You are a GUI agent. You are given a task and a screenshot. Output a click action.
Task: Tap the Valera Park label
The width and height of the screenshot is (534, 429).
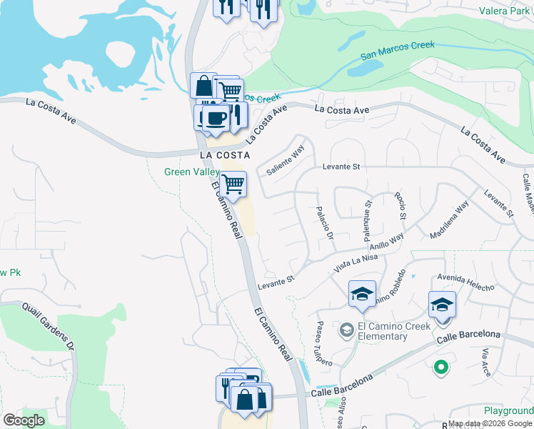coord(503,11)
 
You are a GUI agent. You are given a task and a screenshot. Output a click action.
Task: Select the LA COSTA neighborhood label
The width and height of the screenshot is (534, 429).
coord(225,154)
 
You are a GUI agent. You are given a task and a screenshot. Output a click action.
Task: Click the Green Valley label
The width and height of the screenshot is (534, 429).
coord(191,172)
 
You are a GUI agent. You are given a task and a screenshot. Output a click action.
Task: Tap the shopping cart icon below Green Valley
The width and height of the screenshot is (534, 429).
coord(233,184)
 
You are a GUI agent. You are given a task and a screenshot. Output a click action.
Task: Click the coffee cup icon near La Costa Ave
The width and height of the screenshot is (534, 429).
coord(215,118)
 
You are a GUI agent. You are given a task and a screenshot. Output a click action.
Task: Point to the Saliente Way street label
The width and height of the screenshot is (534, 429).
coord(286,161)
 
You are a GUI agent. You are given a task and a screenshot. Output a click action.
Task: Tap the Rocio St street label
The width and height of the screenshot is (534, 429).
coord(402,206)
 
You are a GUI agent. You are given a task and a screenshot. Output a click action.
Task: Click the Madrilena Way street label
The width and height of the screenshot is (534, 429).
coord(449,219)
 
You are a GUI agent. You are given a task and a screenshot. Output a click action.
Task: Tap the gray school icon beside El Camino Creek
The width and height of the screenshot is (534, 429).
coord(347,329)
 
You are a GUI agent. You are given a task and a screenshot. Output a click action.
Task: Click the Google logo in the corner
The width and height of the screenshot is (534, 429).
coord(24,420)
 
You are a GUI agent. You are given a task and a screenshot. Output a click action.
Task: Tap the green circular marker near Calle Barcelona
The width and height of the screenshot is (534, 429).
coord(441,368)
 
